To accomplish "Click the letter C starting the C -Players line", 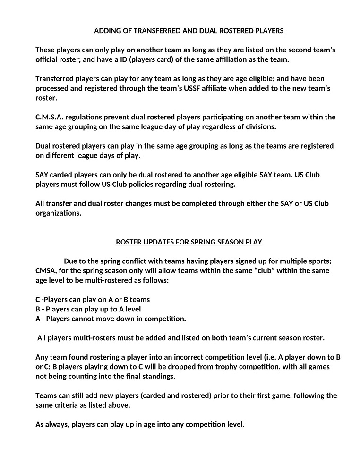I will click(x=38, y=300).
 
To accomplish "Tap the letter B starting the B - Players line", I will click(x=38, y=309).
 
